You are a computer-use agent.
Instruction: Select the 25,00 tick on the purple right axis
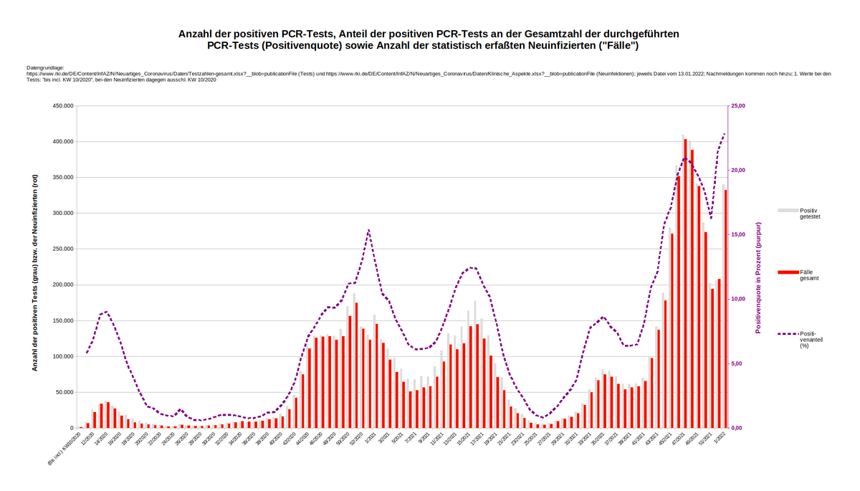[x=738, y=106]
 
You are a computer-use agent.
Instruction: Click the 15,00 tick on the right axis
[x=738, y=235]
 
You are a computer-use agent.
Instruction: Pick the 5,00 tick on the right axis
[x=737, y=363]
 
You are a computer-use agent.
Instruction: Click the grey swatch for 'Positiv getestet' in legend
[x=788, y=210]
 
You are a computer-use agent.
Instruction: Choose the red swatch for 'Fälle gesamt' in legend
[x=788, y=272]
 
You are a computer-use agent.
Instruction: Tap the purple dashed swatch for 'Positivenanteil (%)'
[x=788, y=334]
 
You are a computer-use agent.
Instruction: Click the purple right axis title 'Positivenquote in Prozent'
[x=758, y=277]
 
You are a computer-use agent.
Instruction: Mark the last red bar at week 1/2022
[x=726, y=308]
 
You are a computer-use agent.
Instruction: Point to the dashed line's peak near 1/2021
[x=368, y=230]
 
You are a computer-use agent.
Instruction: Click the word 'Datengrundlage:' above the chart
[x=45, y=67]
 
